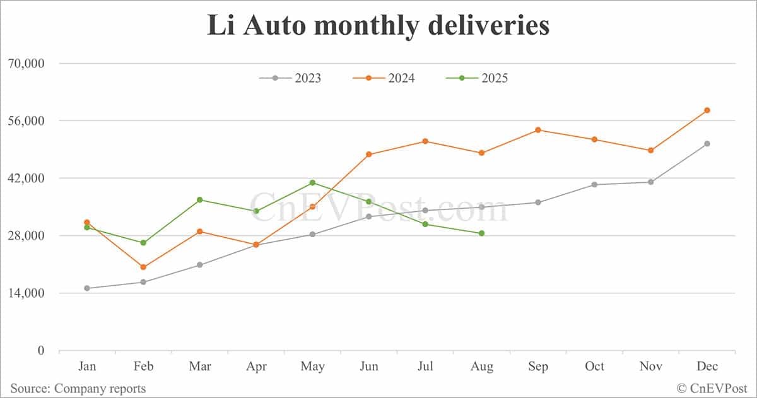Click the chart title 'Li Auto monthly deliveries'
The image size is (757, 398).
click(378, 26)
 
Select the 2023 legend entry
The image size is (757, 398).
click(290, 78)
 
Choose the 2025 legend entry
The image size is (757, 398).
click(477, 78)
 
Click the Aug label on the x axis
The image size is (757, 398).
click(481, 366)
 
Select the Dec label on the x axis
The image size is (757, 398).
click(707, 366)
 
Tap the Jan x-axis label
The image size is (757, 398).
click(86, 366)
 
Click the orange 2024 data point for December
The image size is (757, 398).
click(707, 110)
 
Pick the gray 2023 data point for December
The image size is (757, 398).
click(707, 144)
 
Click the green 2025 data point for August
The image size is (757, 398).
click(481, 233)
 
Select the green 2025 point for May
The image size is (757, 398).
click(312, 183)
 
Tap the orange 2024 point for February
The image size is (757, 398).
click(143, 267)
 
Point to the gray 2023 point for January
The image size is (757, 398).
click(86, 288)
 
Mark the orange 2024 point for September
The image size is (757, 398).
click(538, 130)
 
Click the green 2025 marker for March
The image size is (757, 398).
click(199, 200)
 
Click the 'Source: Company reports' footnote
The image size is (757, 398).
click(78, 389)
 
